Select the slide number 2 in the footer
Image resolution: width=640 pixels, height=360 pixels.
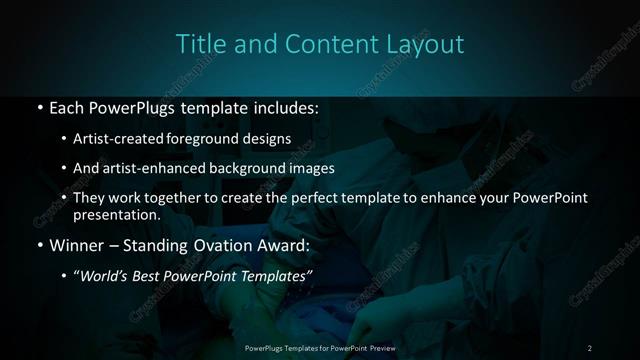click(590, 347)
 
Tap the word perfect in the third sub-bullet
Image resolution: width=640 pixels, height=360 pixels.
click(304, 198)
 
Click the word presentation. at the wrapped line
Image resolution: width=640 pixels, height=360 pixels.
click(117, 214)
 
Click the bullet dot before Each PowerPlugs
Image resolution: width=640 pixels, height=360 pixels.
click(38, 106)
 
